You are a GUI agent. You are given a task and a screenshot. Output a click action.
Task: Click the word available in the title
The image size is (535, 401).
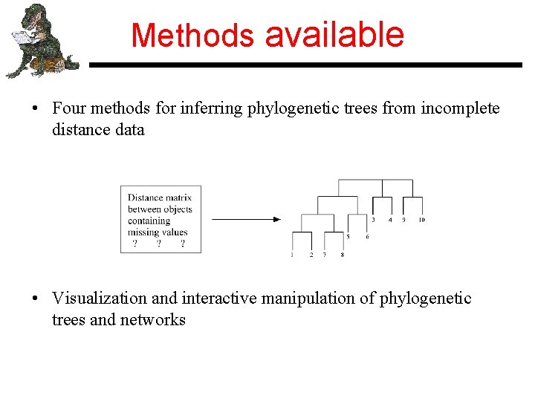pos(334,35)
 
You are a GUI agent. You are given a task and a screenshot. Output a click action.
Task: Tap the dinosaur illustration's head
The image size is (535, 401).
pos(34,16)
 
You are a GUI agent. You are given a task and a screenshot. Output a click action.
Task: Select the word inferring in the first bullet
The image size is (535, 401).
pos(214,108)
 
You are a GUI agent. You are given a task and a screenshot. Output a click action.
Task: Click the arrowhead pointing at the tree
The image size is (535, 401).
pos(276,219)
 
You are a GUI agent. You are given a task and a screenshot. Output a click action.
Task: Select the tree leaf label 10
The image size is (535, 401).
pos(421,220)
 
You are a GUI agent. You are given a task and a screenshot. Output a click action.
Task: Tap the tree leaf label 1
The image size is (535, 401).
pos(292,255)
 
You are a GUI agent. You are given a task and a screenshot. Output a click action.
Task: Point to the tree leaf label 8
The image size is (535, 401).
pos(342,255)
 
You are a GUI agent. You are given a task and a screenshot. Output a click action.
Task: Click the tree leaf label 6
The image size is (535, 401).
pos(366,237)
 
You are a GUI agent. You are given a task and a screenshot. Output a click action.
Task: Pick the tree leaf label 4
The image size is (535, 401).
pos(390,220)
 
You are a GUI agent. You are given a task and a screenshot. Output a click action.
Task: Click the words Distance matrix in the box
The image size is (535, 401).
pos(160,198)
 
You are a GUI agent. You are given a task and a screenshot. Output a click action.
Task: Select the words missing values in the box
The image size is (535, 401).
pos(158,232)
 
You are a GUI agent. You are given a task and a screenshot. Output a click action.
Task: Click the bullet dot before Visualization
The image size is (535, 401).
pos(35,299)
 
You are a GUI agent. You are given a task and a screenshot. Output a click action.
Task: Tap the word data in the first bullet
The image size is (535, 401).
pos(129,130)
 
